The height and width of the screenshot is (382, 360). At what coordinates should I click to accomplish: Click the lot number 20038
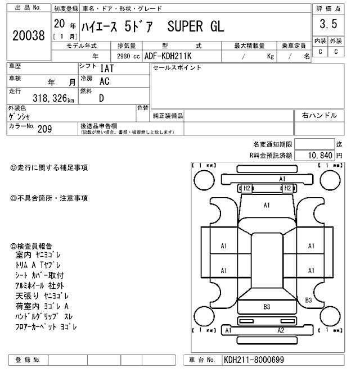pos(28,35)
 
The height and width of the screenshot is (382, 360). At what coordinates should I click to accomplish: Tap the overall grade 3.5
pos(328,24)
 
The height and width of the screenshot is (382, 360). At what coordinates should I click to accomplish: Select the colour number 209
pos(45,129)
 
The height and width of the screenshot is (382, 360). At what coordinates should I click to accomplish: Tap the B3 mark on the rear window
pos(267,307)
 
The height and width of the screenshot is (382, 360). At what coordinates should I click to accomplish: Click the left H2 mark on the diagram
pos(245,188)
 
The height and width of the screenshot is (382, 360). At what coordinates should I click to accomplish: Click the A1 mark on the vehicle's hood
pos(267,206)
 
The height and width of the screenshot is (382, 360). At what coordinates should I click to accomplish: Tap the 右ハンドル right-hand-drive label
pos(319,115)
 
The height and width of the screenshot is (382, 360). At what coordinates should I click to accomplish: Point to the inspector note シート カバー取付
pos(40,275)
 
